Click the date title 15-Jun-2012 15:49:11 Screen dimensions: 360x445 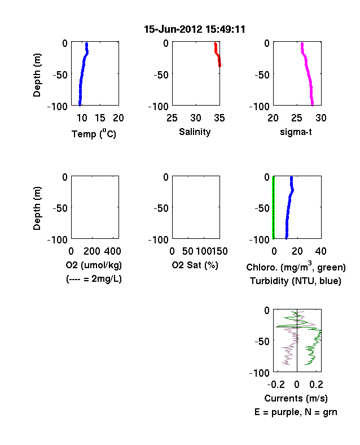pyautogui.click(x=195, y=29)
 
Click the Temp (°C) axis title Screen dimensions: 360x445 pyautogui.click(x=94, y=133)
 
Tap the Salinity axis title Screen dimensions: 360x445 pyautogui.click(x=195, y=132)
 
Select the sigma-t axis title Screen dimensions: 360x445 pyautogui.click(x=296, y=132)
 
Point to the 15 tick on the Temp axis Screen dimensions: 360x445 pyautogui.click(x=100, y=118)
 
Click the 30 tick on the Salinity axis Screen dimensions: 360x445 pyautogui.click(x=196, y=118)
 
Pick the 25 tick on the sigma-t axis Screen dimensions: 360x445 pyautogui.click(x=296, y=118)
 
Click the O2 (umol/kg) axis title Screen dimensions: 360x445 pyautogui.click(x=94, y=265)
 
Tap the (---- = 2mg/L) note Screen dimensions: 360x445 pyautogui.click(x=94, y=279)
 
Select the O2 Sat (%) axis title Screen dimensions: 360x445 pyautogui.click(x=195, y=265)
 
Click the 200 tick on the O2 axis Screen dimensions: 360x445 pyautogui.click(x=92, y=251)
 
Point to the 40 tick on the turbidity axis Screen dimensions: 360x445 pyautogui.click(x=321, y=251)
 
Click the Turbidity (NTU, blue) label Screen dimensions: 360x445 pyautogui.click(x=296, y=281)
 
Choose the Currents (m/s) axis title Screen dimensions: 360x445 pyautogui.click(x=296, y=399)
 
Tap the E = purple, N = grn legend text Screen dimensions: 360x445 pyautogui.click(x=296, y=412)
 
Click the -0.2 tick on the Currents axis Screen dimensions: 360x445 pyautogui.click(x=276, y=385)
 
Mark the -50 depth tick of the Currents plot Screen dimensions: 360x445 pyautogui.click(x=262, y=341)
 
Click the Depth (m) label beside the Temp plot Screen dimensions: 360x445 pyautogui.click(x=37, y=75)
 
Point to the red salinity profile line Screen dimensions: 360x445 pyautogui.click(x=217, y=54)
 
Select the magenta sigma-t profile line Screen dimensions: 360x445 pyautogui.click(x=308, y=75)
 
